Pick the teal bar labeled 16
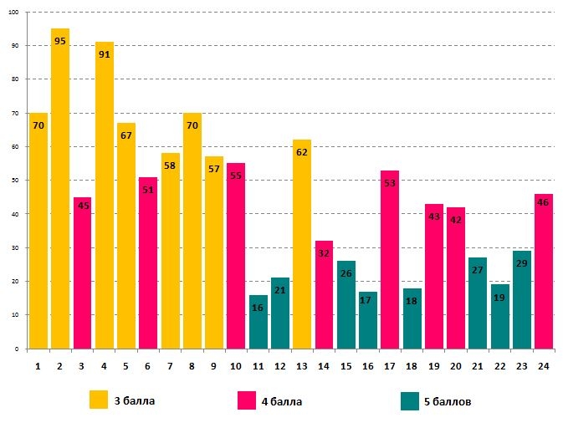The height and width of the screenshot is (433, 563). (x=258, y=322)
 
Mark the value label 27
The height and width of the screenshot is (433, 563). (x=478, y=270)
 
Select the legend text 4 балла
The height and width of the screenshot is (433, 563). (x=282, y=401)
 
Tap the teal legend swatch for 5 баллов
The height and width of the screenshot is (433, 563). (x=410, y=401)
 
